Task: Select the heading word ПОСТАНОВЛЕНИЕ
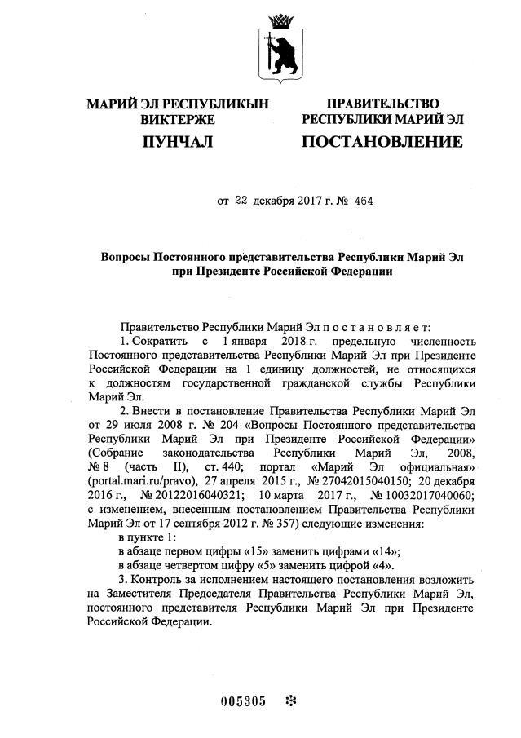pos(382,142)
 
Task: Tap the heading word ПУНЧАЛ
pos(177,143)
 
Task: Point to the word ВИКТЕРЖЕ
pos(177,120)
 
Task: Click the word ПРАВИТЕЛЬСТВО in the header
pos(382,104)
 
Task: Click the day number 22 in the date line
pos(241,201)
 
